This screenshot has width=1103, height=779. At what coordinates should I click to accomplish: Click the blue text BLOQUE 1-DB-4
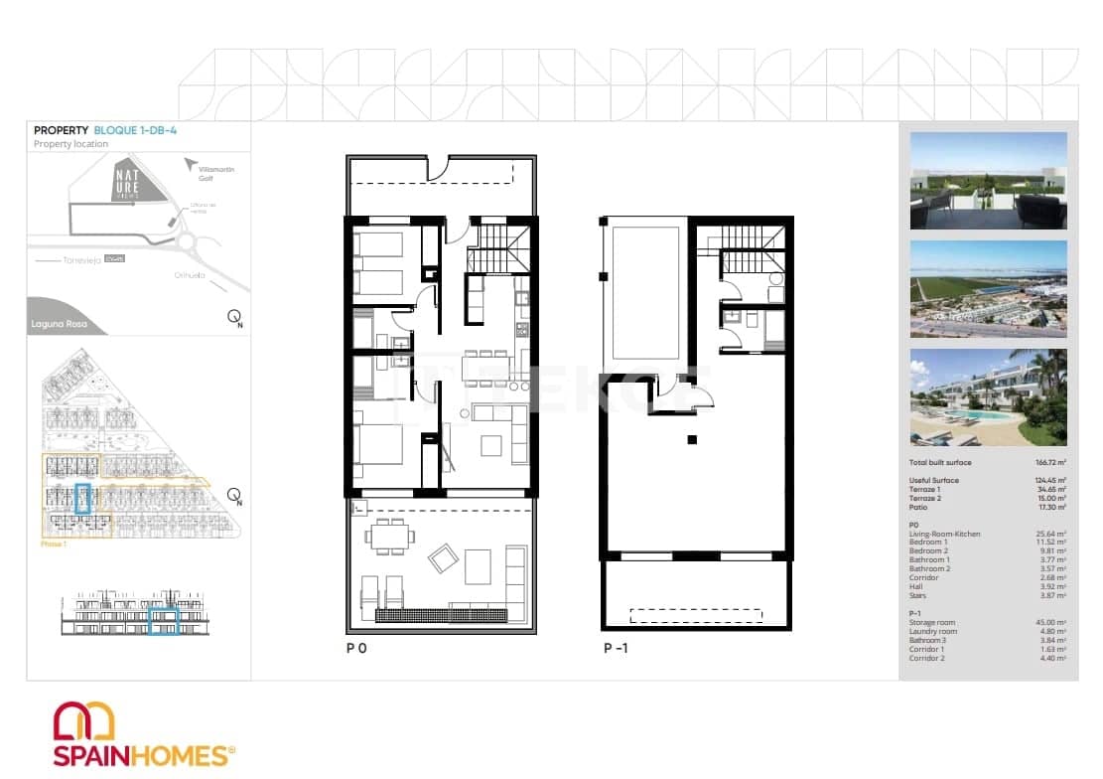click(135, 130)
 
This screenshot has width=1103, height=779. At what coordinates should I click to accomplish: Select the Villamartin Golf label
click(216, 175)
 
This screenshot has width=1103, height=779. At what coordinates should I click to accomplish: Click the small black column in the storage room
click(692, 439)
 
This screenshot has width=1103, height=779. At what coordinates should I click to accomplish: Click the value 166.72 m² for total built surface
click(1048, 463)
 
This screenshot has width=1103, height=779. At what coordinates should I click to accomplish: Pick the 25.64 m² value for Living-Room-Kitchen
click(1051, 534)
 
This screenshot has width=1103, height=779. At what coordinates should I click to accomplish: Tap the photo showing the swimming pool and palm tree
click(988, 397)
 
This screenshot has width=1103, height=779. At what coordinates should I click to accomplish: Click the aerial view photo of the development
click(988, 289)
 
